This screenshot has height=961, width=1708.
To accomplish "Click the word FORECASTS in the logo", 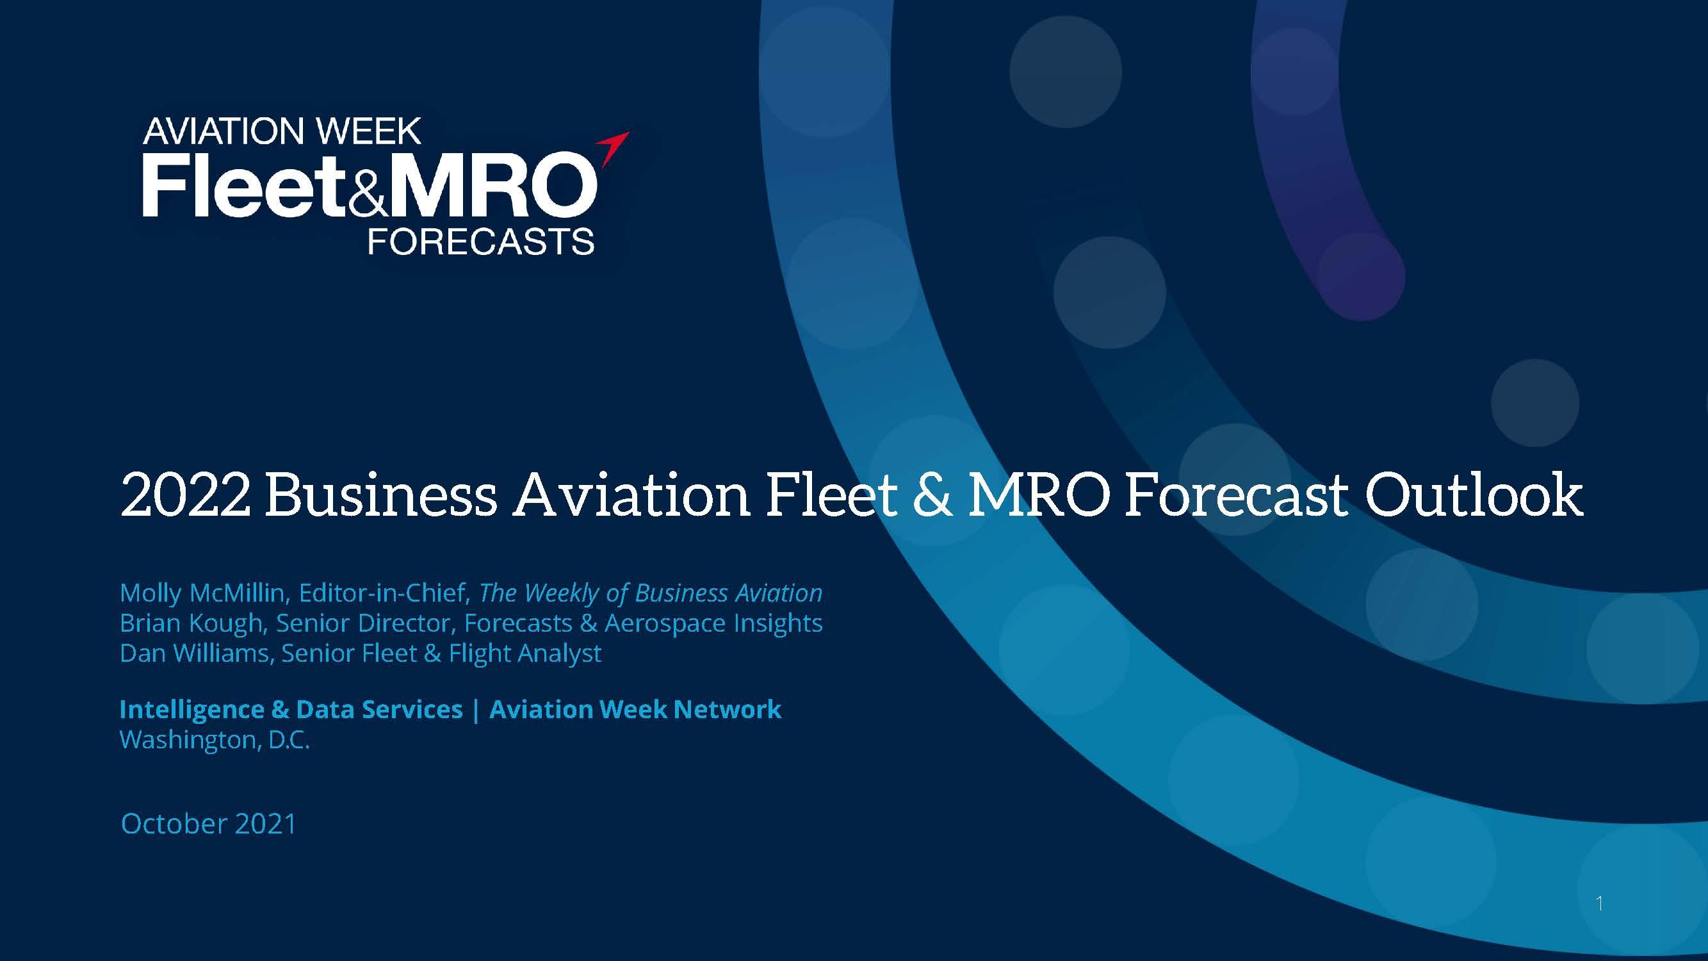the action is click(481, 242).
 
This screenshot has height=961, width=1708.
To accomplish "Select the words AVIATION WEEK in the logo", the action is click(282, 131).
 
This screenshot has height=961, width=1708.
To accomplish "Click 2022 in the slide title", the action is click(186, 495).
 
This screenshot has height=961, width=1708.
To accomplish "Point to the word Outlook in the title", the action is click(1472, 495).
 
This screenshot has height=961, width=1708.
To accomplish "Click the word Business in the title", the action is click(380, 495).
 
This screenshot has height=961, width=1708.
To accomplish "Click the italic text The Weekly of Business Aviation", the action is click(651, 593).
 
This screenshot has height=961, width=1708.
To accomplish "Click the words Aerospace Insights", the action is click(713, 623).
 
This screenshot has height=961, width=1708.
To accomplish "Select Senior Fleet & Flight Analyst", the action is click(442, 653).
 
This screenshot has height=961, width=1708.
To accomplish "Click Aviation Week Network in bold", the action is click(635, 710).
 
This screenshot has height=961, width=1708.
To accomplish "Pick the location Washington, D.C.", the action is click(215, 739).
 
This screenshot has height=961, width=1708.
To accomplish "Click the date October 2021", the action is click(208, 824).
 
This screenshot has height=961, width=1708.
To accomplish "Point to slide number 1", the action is click(1600, 903).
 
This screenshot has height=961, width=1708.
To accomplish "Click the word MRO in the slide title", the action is click(1038, 495).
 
